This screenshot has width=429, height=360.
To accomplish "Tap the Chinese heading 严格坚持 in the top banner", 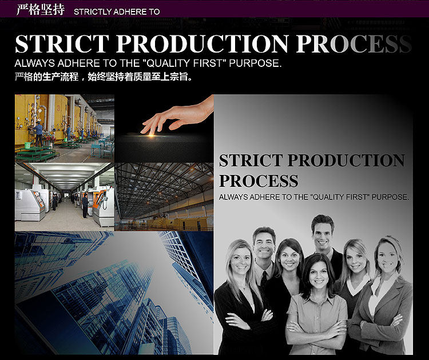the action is pyautogui.click(x=41, y=10).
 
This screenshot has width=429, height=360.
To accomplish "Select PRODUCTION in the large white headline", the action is pyautogui.click(x=202, y=44).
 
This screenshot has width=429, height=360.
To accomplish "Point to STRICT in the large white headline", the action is pyautogui.click(x=62, y=44).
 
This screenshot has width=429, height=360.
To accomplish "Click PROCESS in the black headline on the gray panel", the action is pyautogui.click(x=259, y=181).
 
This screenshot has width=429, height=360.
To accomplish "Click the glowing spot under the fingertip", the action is pyautogui.click(x=152, y=135).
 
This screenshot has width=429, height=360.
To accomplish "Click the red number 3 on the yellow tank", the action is pyautogui.click(x=58, y=108).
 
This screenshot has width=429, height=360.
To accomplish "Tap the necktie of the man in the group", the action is pyautogui.click(x=264, y=279).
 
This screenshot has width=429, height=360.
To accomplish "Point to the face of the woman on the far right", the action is pyautogui.click(x=388, y=258).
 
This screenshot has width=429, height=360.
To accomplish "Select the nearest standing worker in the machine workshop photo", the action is pyautogui.click(x=85, y=206).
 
